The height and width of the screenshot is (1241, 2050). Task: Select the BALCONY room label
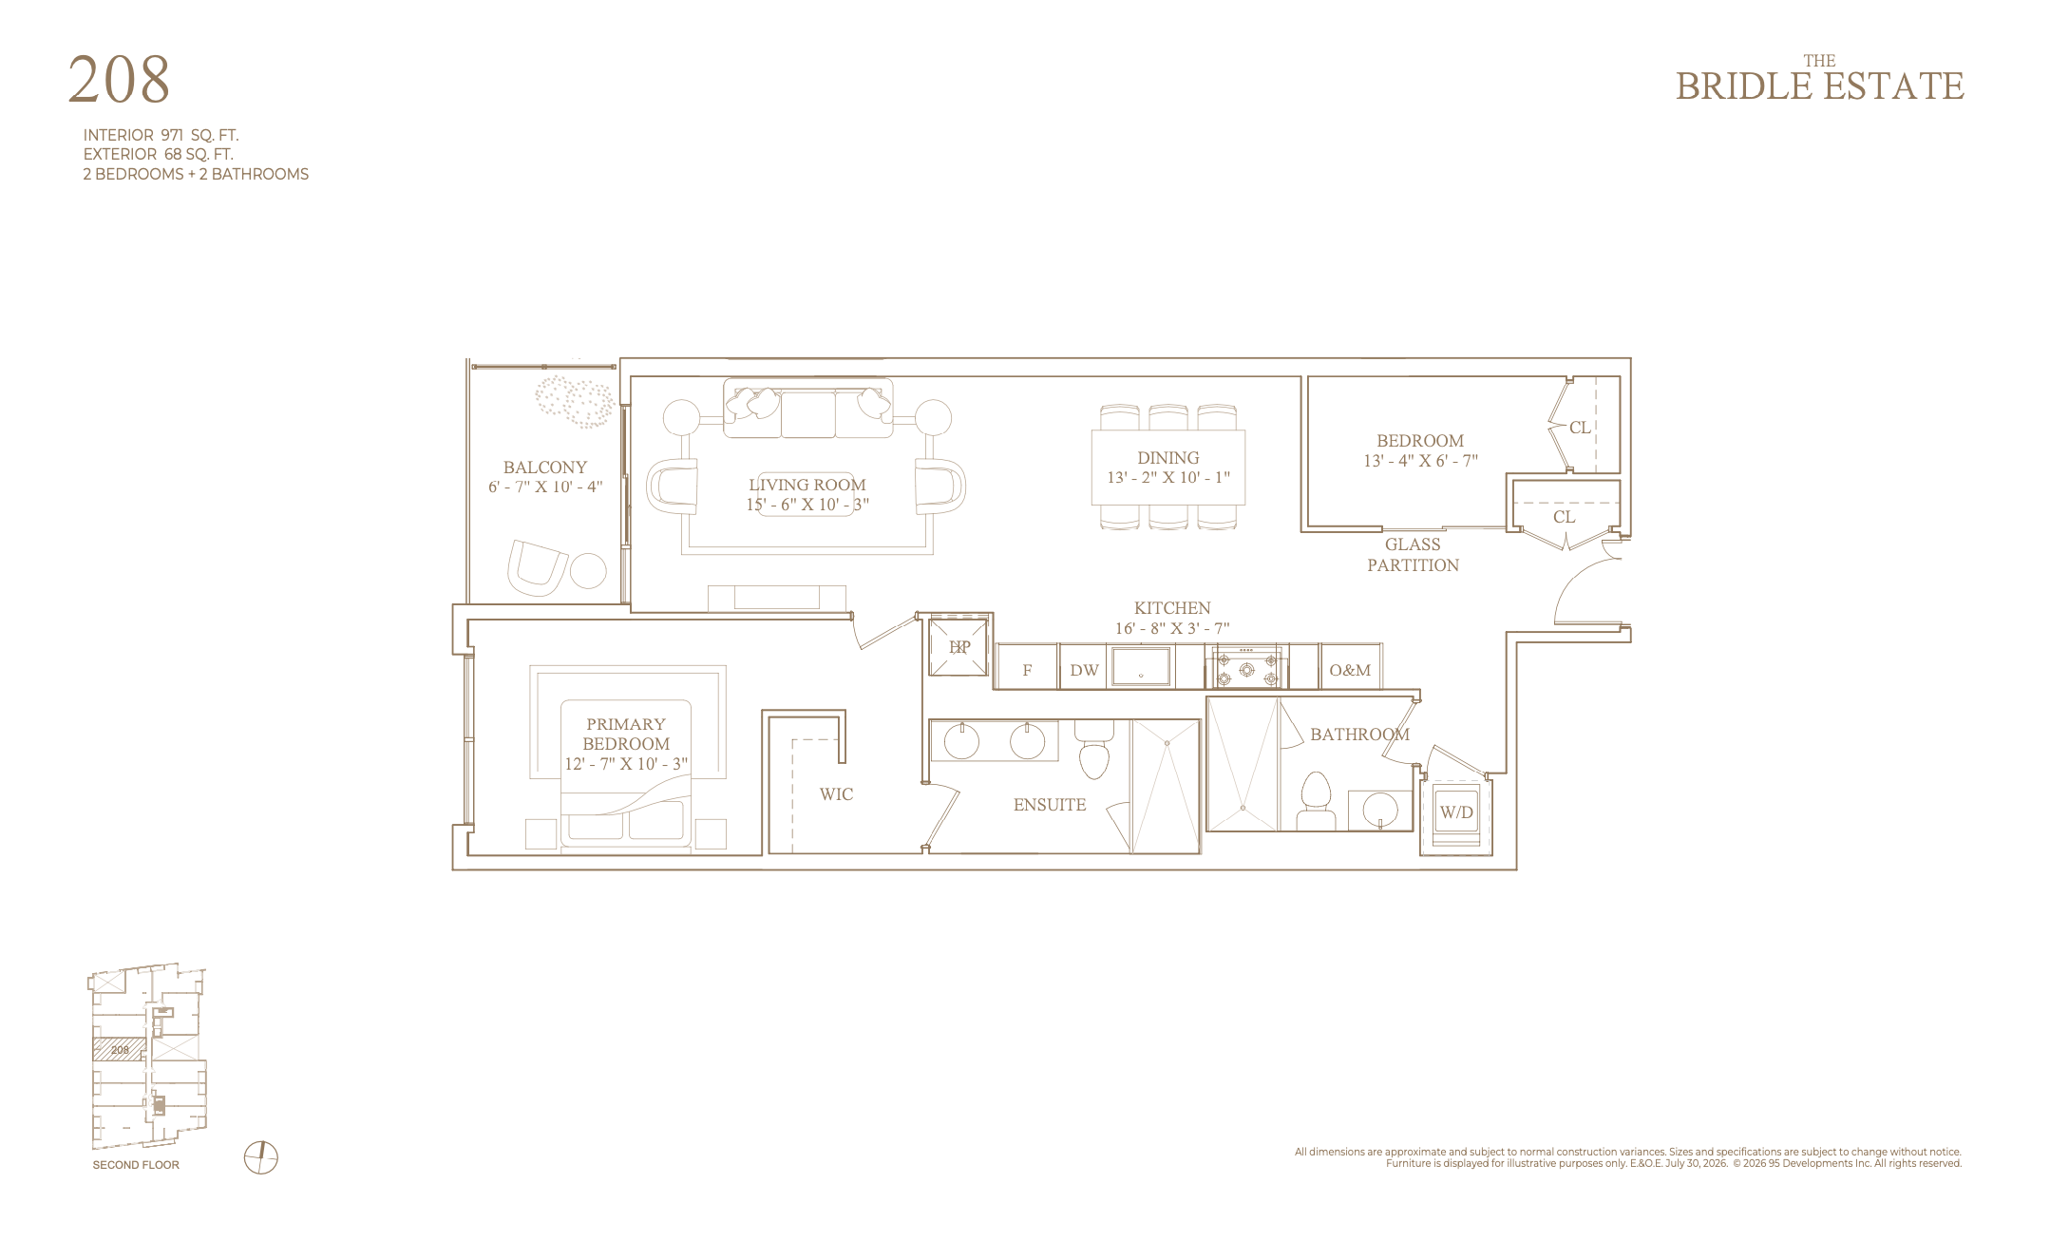point(545,468)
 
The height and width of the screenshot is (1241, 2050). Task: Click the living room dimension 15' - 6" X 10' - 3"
point(807,505)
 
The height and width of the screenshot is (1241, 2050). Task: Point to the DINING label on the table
point(1168,458)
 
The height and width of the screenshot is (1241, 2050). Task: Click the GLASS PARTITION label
point(1413,555)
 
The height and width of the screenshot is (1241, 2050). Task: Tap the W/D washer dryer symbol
point(1456,812)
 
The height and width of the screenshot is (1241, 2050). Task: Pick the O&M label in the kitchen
point(1350,670)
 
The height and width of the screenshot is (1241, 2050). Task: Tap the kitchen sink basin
point(1141,666)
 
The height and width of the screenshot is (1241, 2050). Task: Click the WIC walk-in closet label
point(837,794)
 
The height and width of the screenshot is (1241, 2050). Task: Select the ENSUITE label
point(1050,805)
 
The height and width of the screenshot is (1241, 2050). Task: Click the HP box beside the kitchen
point(959,647)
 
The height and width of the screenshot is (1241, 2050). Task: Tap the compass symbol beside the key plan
point(261,1157)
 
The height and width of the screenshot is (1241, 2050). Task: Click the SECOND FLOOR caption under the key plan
point(136,1165)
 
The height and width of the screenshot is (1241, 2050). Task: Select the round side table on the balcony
point(588,571)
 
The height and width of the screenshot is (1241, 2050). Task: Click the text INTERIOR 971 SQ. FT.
point(161,135)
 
